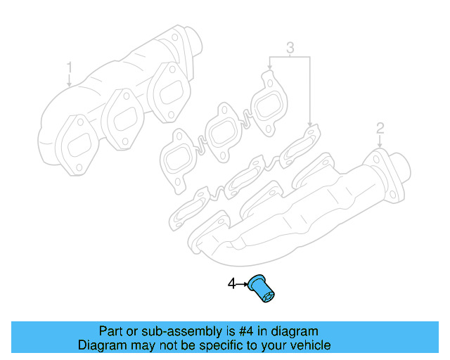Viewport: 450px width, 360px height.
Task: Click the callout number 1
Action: (70, 67)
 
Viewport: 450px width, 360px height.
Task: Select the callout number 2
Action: (380, 128)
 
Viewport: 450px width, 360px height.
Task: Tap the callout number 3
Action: (289, 49)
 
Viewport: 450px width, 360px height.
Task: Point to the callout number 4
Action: (231, 284)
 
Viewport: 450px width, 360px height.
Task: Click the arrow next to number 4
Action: (241, 284)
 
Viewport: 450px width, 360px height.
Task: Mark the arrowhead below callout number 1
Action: (70, 84)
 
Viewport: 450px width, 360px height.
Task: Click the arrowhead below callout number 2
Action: (380, 145)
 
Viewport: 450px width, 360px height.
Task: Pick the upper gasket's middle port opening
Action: (223, 130)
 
